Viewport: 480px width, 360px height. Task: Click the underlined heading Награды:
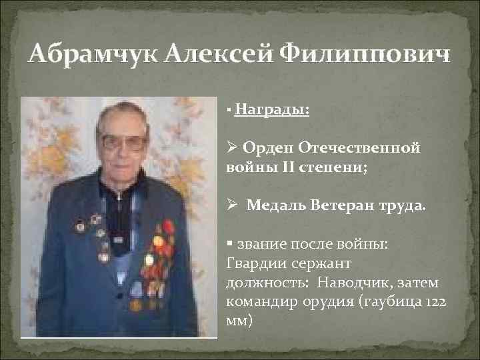(272, 109)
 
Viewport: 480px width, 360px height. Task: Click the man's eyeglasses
(125, 141)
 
